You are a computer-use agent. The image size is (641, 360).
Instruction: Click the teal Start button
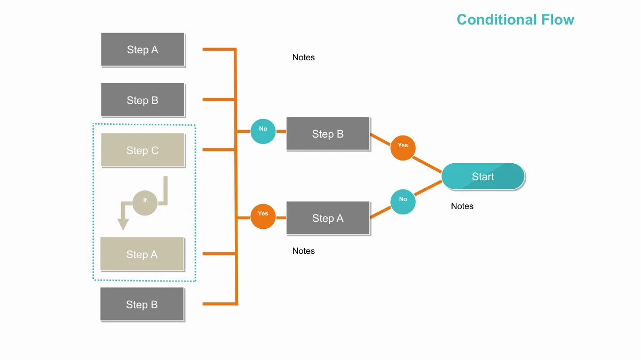(x=483, y=177)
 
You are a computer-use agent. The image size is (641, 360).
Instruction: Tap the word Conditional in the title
(x=496, y=20)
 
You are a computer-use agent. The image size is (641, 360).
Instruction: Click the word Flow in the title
(x=558, y=20)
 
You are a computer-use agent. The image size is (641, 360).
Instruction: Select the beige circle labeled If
(x=145, y=203)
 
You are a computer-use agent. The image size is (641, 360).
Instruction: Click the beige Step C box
(x=143, y=150)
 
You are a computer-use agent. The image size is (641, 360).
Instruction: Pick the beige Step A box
(x=142, y=254)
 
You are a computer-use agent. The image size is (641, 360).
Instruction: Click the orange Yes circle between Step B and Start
(x=403, y=148)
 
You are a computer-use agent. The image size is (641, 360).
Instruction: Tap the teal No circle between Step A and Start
(x=403, y=202)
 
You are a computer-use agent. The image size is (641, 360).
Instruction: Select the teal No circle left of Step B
(x=263, y=131)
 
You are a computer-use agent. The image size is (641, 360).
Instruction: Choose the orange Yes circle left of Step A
(x=263, y=217)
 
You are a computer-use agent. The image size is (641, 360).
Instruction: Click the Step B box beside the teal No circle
(x=328, y=133)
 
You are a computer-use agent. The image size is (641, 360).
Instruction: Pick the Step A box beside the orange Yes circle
(x=328, y=218)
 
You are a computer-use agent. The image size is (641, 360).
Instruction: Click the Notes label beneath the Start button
(x=462, y=206)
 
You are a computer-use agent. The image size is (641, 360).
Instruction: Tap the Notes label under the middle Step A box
(x=304, y=251)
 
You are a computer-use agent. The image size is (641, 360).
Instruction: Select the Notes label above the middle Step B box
(x=304, y=58)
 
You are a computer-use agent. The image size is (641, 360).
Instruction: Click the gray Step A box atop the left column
(x=143, y=50)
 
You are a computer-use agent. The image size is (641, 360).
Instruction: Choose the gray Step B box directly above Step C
(x=143, y=100)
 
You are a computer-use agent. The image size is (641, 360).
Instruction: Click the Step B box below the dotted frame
(x=142, y=304)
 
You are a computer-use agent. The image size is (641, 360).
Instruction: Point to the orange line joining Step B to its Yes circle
(x=381, y=139)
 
